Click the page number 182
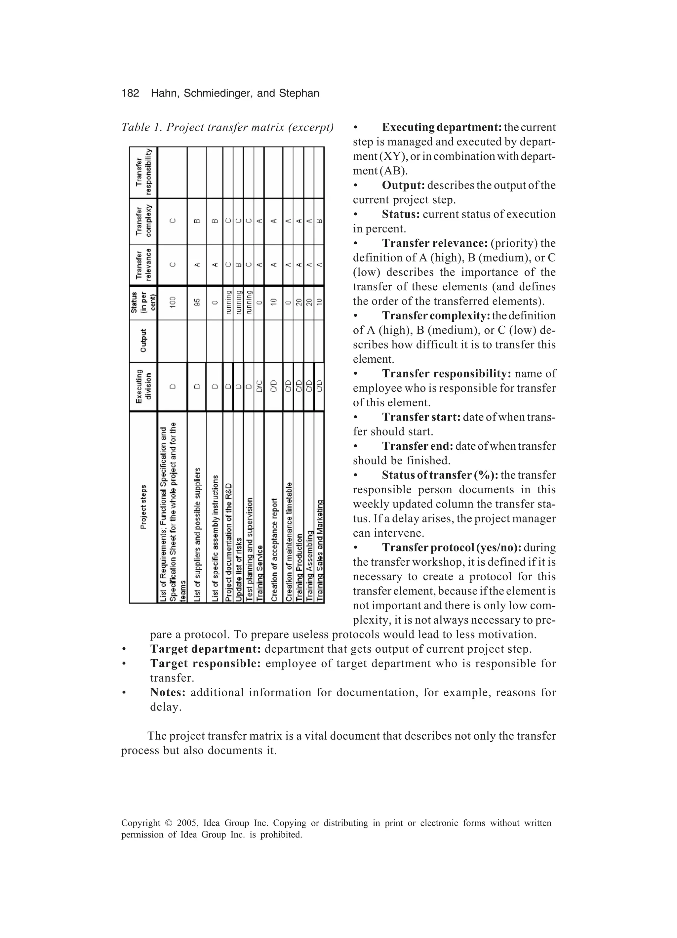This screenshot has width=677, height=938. tap(130, 94)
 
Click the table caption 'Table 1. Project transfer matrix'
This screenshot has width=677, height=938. tap(227, 127)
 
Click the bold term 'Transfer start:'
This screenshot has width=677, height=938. tap(421, 417)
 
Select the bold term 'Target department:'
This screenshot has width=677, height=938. tap(205, 649)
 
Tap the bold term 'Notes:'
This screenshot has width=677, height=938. tap(168, 692)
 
